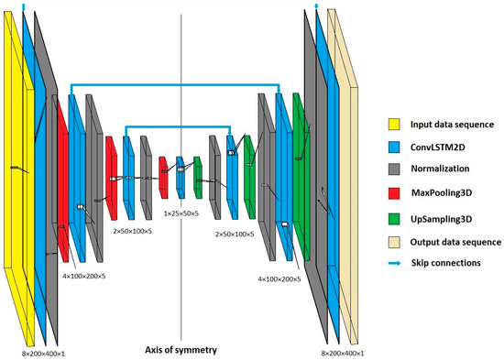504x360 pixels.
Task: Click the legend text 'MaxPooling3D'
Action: click(x=443, y=193)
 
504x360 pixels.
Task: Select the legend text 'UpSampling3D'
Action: click(x=443, y=218)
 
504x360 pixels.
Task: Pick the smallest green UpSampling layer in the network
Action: click(x=197, y=177)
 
